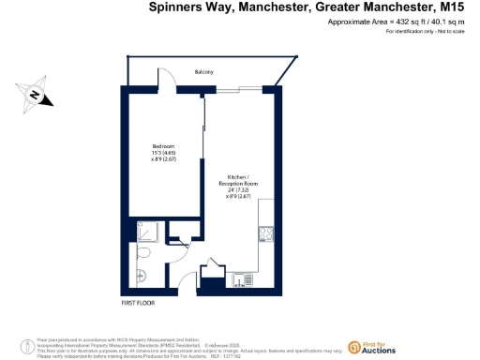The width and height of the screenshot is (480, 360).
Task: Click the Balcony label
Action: coord(203,72)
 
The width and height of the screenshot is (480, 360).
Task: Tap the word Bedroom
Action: coord(164,145)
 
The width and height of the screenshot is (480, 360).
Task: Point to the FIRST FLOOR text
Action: coord(138,303)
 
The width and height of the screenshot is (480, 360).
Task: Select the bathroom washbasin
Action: coord(137,274)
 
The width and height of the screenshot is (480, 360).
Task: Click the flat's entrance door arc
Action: coord(212,267)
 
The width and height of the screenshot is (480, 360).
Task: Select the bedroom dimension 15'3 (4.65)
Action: coord(165,152)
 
